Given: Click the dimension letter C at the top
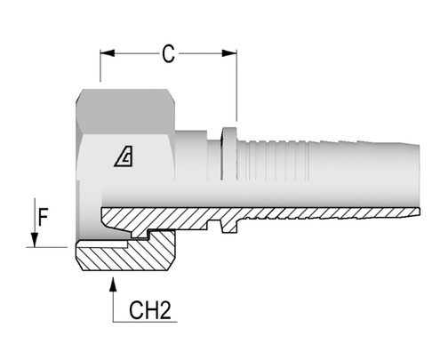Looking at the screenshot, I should click(167, 54).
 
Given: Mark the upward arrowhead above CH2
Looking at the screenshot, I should click(113, 284).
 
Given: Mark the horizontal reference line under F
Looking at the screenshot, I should click(49, 246).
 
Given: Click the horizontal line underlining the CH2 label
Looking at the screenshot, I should click(142, 324).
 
